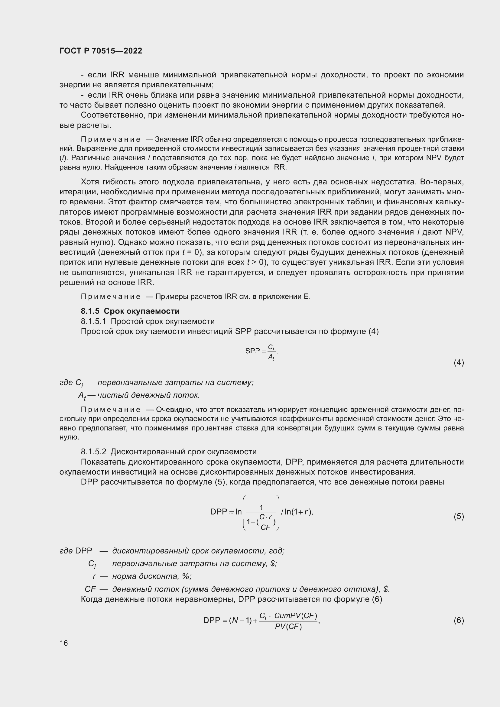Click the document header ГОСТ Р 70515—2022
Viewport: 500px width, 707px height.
click(x=101, y=51)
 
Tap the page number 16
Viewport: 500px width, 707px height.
click(x=64, y=643)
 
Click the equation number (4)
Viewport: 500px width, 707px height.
click(x=459, y=362)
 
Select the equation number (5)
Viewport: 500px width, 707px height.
click(x=459, y=516)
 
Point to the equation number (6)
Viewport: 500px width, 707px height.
click(x=459, y=620)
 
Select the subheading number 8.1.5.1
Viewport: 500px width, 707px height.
click(x=93, y=321)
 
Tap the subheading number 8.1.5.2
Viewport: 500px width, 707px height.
click(x=93, y=452)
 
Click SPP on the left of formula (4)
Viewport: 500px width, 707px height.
click(x=252, y=351)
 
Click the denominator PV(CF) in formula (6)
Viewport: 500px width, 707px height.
click(x=288, y=627)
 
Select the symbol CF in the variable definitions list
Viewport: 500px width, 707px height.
click(x=90, y=589)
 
